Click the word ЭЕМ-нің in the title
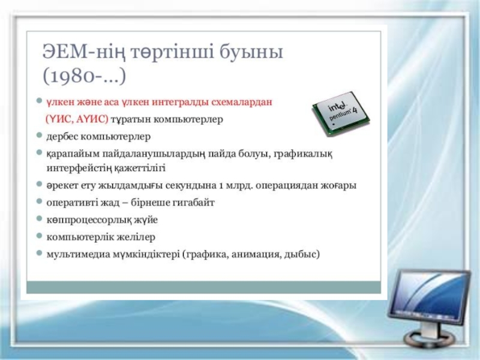pos(84,52)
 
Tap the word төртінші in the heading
pos(173,52)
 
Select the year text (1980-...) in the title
pos(84,76)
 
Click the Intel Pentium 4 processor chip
pos(341,113)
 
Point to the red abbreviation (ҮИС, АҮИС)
pos(77,119)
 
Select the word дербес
pos(62,136)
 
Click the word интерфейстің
pos(78,168)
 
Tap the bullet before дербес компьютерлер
pos(39,134)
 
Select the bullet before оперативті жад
pos(39,201)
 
